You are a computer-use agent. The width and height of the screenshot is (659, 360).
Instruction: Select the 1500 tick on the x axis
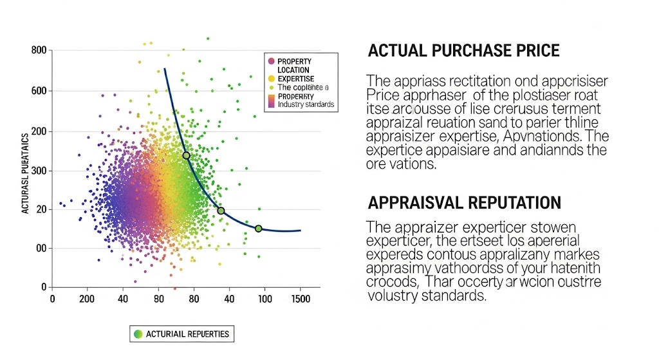coord(300,299)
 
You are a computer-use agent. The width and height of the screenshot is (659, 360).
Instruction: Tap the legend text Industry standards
coord(306,104)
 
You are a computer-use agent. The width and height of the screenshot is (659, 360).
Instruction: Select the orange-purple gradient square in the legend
coord(271,100)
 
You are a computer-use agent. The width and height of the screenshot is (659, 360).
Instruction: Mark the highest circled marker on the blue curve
coord(186,155)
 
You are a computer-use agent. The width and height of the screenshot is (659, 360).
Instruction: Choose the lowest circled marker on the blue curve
coord(258,228)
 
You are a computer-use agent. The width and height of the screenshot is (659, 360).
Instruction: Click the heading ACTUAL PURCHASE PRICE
coord(463,50)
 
